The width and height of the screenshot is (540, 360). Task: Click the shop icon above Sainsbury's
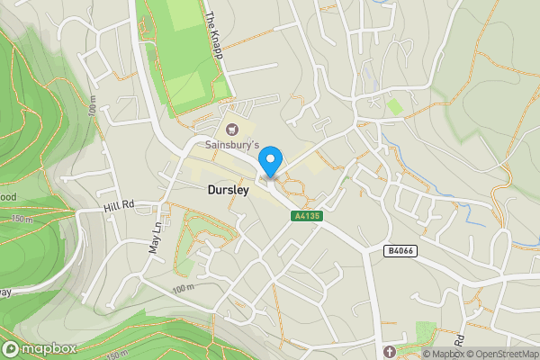(x=231, y=130)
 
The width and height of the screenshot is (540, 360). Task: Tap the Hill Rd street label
(x=118, y=206)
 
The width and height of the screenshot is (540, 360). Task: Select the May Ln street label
(x=155, y=238)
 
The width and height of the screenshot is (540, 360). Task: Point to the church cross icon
(x=389, y=350)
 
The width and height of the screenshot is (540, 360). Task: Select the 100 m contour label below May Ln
(x=182, y=287)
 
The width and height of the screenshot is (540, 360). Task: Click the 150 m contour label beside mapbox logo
(x=116, y=354)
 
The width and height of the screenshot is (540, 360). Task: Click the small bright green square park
(x=395, y=106)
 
